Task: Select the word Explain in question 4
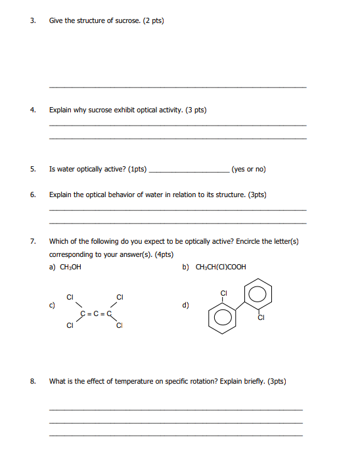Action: tap(60, 110)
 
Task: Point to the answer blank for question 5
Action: tap(189, 170)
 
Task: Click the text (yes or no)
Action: tap(248, 169)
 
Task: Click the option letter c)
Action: tap(52, 305)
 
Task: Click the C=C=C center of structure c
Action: tap(95, 314)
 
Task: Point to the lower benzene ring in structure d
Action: tap(221, 318)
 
